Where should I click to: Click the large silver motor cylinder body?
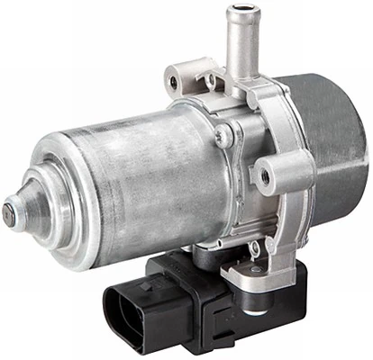(135, 180)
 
